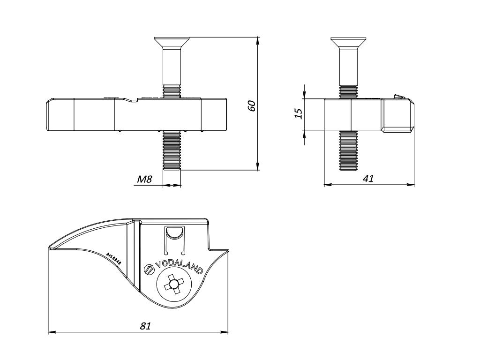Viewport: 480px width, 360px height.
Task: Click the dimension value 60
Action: click(x=252, y=105)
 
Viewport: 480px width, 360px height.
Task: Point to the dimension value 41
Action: click(x=368, y=178)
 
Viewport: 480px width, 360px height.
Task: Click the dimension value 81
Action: click(x=146, y=326)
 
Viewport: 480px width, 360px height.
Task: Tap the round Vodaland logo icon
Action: click(x=149, y=269)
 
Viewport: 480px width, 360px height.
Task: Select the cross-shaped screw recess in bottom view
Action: click(x=173, y=285)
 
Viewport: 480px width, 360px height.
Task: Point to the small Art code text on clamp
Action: click(x=114, y=259)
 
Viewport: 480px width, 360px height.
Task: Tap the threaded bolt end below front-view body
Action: click(x=172, y=150)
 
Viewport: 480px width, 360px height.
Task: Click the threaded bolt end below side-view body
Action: click(x=348, y=150)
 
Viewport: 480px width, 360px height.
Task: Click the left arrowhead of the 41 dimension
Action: click(x=327, y=185)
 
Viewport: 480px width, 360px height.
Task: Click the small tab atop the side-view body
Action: click(x=398, y=97)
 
